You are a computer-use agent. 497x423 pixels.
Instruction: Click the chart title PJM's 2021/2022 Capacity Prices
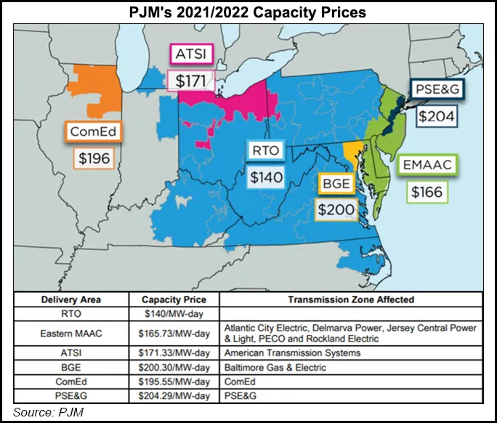click(x=248, y=13)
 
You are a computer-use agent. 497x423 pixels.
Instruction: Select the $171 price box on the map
click(x=187, y=79)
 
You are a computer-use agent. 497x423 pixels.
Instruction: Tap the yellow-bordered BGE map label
click(x=335, y=184)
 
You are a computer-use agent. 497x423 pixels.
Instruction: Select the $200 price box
click(x=335, y=209)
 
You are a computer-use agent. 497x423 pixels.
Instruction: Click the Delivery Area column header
click(x=71, y=299)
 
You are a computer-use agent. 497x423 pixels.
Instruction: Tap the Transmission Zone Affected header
click(x=351, y=299)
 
